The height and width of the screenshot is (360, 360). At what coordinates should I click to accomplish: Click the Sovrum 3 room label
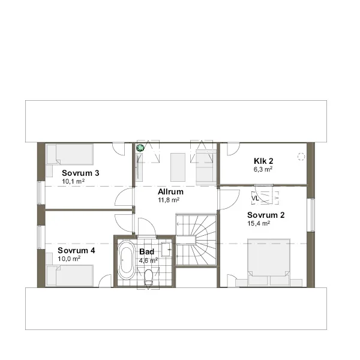tap(80, 173)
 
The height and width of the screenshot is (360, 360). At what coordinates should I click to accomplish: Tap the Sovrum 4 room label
tap(76, 250)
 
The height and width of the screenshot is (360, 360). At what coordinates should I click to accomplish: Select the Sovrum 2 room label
tap(266, 215)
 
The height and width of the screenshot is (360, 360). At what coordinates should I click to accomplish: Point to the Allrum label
tap(170, 191)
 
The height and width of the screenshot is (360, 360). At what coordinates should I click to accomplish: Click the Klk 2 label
tap(263, 161)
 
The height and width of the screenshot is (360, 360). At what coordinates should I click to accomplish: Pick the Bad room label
tap(147, 251)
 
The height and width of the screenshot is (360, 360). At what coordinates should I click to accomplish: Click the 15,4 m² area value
tap(259, 223)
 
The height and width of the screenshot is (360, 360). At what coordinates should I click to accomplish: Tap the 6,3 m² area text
tap(263, 169)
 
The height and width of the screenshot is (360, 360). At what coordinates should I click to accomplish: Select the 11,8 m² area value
tap(169, 200)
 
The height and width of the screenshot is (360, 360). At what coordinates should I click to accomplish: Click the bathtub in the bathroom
tap(126, 260)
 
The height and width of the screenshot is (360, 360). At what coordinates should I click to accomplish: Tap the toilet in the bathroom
tap(149, 277)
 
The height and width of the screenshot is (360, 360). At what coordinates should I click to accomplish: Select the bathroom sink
tap(166, 250)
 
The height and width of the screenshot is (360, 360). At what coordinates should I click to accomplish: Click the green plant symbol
tap(140, 148)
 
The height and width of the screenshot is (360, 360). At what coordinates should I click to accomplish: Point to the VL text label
tap(255, 198)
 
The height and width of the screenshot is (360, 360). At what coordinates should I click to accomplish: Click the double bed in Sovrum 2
tap(268, 262)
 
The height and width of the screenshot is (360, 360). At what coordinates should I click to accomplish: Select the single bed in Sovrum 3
tap(70, 154)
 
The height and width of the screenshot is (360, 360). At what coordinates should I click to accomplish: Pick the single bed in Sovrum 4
tap(70, 276)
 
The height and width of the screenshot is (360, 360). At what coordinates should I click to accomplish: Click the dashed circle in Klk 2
tap(301, 157)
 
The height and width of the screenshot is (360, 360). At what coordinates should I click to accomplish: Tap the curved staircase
tap(196, 240)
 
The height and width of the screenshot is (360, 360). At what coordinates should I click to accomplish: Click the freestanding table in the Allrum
tap(178, 167)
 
